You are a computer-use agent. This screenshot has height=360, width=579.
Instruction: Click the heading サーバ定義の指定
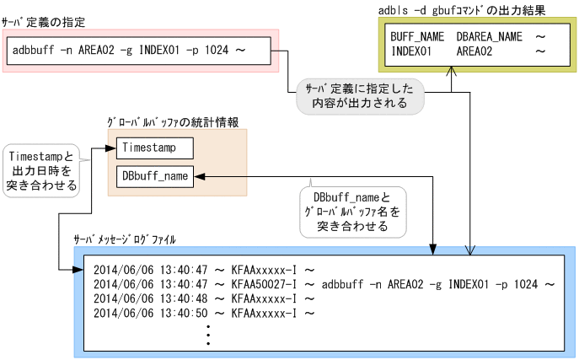click(44, 21)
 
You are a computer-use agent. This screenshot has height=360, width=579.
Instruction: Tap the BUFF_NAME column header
click(418, 39)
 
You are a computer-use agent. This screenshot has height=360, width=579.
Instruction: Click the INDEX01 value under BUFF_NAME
click(411, 52)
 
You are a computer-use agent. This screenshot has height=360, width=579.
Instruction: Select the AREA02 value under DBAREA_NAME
click(476, 52)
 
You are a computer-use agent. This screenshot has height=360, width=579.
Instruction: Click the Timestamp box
click(155, 148)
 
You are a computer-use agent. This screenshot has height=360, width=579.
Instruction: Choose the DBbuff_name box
click(155, 175)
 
